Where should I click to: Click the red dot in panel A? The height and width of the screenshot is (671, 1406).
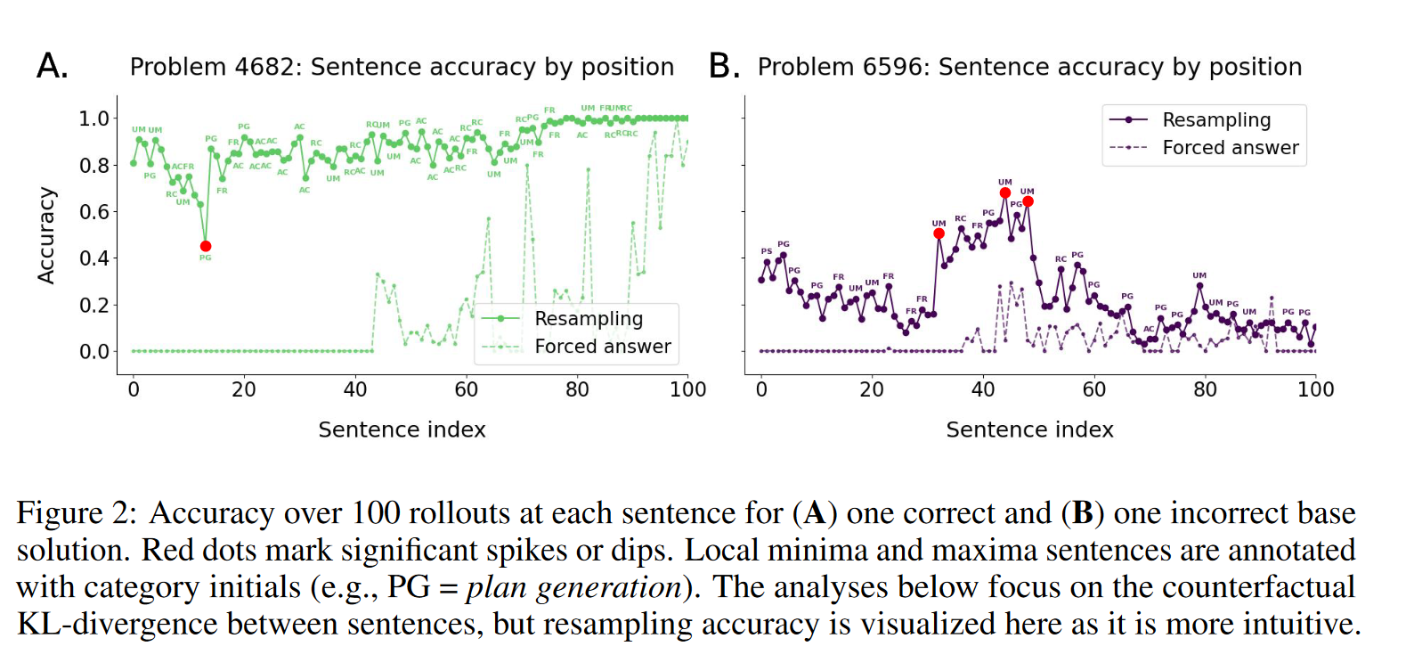click(x=206, y=246)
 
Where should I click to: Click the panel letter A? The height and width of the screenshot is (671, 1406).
click(x=53, y=67)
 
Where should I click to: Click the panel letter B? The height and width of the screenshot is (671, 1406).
click(x=724, y=67)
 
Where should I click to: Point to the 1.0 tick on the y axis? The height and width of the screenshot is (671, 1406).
click(x=93, y=119)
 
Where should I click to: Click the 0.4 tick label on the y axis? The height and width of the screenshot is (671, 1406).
click(x=93, y=258)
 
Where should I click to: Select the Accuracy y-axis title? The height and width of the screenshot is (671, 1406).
click(x=46, y=235)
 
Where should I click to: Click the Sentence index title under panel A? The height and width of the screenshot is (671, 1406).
click(x=402, y=430)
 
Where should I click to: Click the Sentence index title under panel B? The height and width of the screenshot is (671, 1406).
click(x=1029, y=430)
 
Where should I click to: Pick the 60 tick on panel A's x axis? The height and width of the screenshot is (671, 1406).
click(x=466, y=389)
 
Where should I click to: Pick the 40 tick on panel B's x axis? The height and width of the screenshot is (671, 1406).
click(x=983, y=389)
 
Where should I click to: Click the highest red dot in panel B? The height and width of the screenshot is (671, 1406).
click(x=1005, y=192)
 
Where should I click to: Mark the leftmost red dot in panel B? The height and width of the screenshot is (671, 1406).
click(x=939, y=233)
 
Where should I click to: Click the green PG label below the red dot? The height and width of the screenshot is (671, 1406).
click(x=206, y=258)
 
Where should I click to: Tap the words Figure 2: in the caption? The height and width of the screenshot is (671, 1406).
click(x=77, y=514)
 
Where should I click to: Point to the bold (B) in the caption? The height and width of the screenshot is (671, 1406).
click(x=1082, y=514)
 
